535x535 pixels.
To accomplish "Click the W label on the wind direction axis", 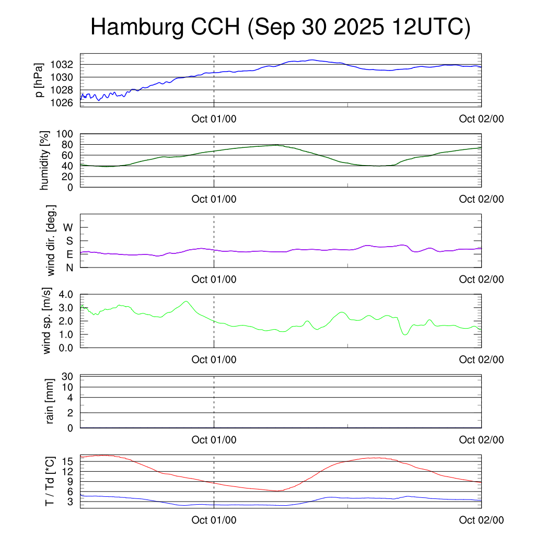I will [68, 227].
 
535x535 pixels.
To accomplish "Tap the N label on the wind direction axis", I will [68, 267].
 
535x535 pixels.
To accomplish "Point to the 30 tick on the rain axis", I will [68, 376].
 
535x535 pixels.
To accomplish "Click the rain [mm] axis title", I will [50, 401].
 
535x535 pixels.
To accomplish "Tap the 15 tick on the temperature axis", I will [68, 461].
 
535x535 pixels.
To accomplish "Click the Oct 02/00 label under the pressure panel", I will [481, 119].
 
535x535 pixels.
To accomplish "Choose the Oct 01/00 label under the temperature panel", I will [214, 520].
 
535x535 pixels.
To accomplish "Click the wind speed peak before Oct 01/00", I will [185, 301].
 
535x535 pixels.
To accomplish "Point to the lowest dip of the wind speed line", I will [405, 334].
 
